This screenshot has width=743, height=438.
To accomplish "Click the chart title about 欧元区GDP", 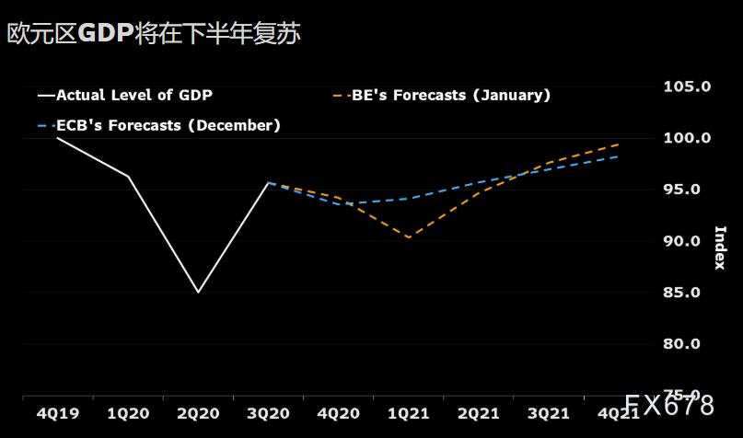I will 154,34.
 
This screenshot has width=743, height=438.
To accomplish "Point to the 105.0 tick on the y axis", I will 687,86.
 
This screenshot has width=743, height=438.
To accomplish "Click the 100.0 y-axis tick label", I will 687,138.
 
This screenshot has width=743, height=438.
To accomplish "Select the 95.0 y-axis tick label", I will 687,190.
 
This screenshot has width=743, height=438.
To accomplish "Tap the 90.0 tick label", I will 687,241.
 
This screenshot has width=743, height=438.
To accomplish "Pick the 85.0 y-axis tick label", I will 687,293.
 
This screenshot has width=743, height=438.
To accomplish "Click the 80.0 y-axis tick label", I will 687,344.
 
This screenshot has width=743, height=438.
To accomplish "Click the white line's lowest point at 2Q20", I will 198,293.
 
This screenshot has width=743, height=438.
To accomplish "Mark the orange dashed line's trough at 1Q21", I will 408,237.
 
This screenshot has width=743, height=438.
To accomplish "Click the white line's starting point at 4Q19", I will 58,138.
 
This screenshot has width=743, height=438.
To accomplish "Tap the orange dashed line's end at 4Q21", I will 617,144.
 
